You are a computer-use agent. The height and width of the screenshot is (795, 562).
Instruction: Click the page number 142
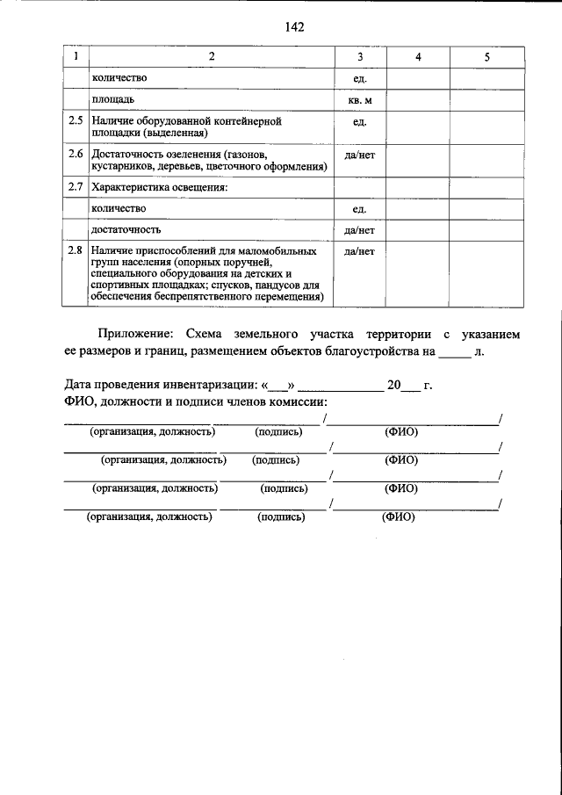coord(294,27)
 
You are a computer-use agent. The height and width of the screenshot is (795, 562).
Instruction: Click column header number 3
coord(360,57)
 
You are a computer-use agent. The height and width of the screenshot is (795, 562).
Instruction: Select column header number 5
coord(486,57)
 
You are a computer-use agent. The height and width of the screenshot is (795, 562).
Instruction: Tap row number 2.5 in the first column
coord(76,120)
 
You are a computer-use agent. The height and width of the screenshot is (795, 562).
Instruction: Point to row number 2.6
coord(76,154)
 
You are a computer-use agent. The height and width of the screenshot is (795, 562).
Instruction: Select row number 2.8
coord(76,252)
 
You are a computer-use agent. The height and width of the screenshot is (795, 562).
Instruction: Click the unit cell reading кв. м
coord(360,100)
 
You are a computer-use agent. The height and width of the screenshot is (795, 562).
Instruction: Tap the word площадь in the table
coord(112,100)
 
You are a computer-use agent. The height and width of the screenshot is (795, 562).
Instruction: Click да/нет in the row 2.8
coord(360,252)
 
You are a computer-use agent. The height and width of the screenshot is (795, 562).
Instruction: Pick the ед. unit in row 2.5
coord(360,121)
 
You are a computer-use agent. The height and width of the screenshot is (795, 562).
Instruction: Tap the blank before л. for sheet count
coord(454,352)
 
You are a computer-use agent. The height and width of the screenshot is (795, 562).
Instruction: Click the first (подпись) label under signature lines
coord(278,432)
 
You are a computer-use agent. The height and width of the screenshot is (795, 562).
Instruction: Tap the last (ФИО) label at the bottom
coord(397,517)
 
